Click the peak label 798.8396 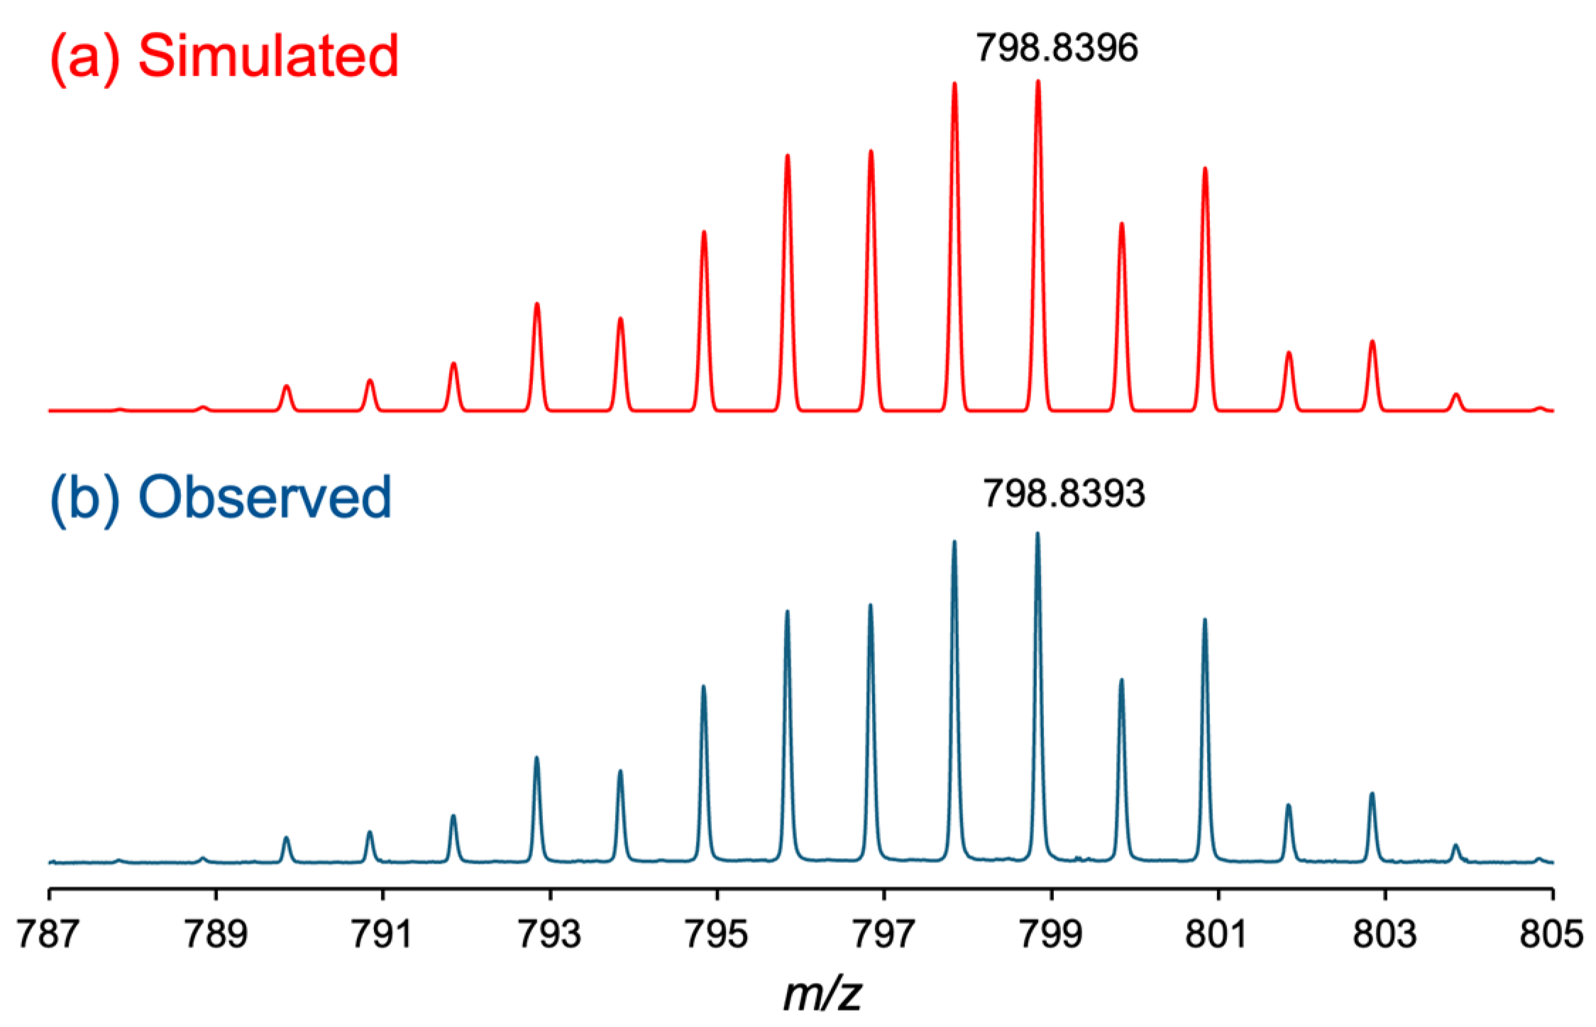coord(1057,48)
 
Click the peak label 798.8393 coord(1063,493)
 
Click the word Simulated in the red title coord(268,57)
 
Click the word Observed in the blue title coord(265,498)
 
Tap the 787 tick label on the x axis coord(48,934)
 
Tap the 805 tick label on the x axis coord(1552,934)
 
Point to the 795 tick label coord(717,934)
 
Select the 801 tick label coord(1217,934)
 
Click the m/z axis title coord(822,994)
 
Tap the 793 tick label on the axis coord(549,934)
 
